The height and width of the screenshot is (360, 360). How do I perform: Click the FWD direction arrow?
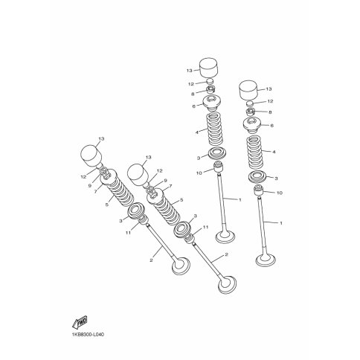point(80,322)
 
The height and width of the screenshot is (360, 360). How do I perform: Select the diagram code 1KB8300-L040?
point(89,335)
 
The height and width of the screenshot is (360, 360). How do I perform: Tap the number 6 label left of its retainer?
point(194,106)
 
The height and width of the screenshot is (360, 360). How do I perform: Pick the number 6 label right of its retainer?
point(272,126)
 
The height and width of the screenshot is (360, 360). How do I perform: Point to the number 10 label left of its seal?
point(199,173)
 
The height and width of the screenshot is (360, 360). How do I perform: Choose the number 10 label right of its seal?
point(280,193)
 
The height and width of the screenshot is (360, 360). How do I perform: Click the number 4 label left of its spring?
point(197,132)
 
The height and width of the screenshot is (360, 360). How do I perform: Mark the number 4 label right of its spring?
point(274,152)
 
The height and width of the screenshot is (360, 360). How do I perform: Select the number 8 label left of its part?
point(193,94)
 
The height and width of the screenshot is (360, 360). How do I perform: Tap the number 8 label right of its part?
point(270,112)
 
